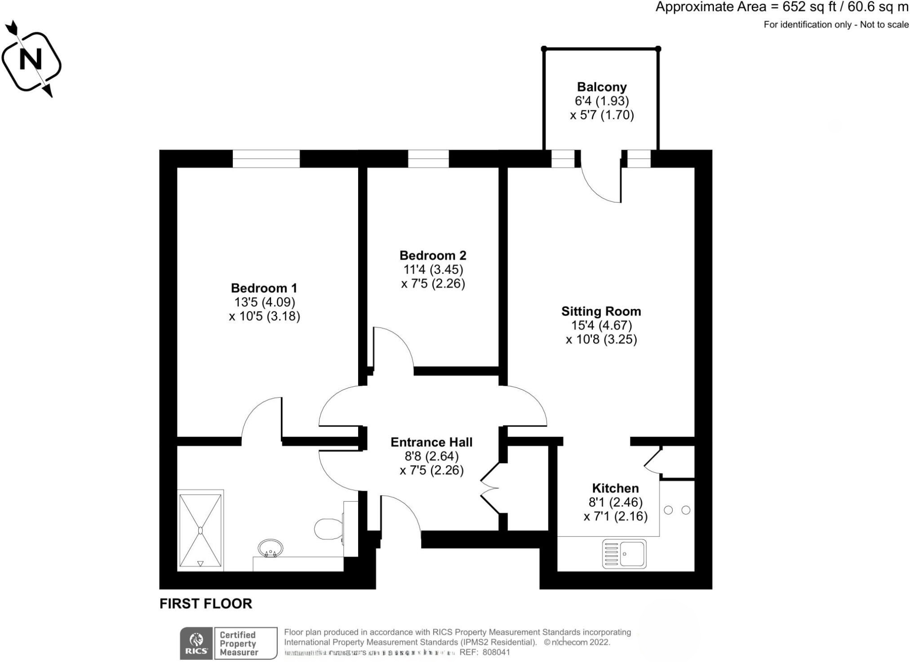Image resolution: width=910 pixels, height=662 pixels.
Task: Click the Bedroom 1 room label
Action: (x=264, y=288)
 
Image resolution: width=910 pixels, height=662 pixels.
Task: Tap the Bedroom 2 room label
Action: (x=433, y=256)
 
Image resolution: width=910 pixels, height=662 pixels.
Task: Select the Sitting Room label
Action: (x=601, y=311)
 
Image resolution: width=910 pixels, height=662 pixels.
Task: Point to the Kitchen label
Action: (x=615, y=488)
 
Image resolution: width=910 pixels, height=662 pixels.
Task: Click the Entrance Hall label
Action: (x=431, y=442)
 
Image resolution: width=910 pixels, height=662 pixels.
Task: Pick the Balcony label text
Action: (x=602, y=87)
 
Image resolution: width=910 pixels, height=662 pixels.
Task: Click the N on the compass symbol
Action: (x=31, y=59)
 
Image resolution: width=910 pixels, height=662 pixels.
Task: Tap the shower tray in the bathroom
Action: (x=200, y=530)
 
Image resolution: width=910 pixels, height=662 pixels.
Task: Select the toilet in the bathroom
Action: (x=328, y=529)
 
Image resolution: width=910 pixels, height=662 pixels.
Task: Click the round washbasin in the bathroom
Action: (x=270, y=548)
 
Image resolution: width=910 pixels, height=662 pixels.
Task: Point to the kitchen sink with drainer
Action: (x=624, y=554)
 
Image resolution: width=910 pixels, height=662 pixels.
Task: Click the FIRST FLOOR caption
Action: (x=206, y=604)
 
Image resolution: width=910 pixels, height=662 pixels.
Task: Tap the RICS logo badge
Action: (x=197, y=643)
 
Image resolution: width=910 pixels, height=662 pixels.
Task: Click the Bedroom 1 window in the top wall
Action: (x=266, y=159)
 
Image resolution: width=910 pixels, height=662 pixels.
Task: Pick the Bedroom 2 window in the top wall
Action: (x=428, y=159)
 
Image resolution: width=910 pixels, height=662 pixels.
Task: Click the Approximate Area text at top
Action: (x=781, y=7)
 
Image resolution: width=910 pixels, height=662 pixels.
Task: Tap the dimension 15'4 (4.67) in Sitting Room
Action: (x=601, y=325)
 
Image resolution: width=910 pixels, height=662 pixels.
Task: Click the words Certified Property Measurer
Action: (x=238, y=644)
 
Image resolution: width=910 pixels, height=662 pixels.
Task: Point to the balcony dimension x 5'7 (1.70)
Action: (x=602, y=116)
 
